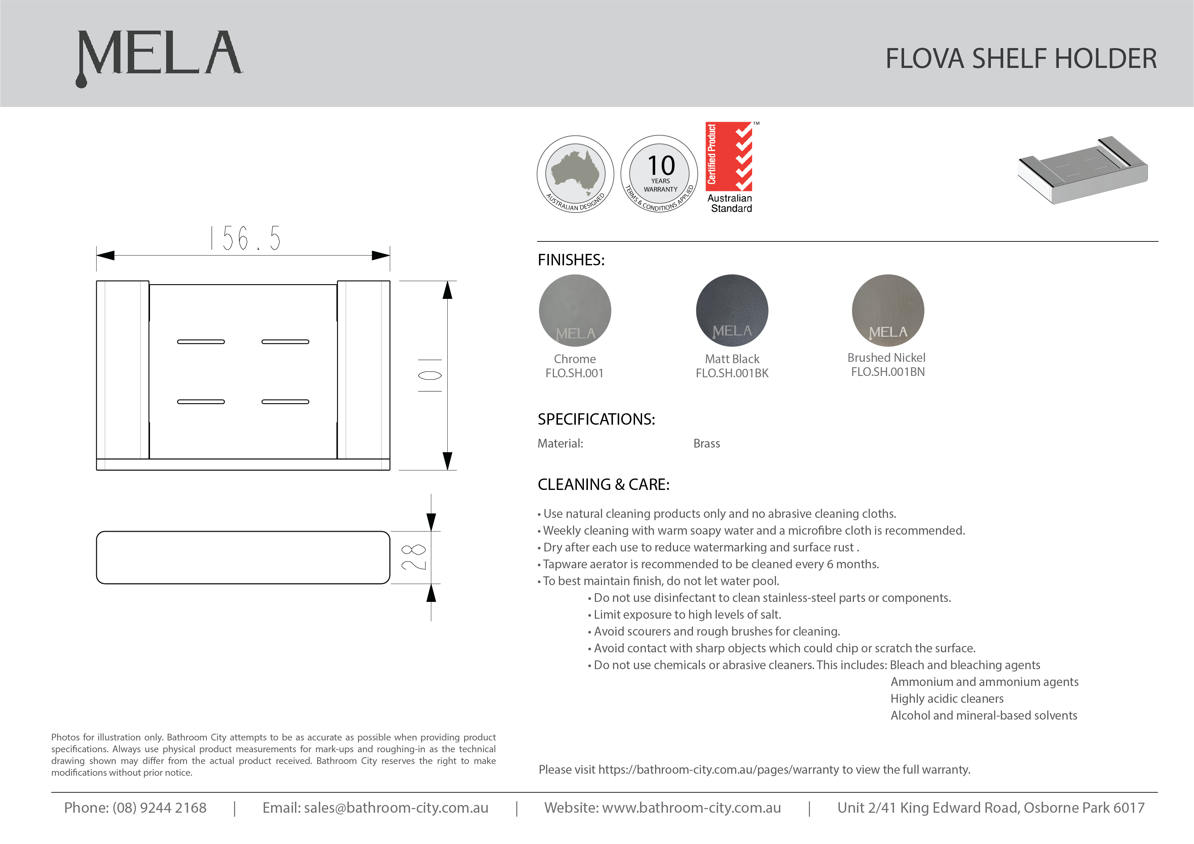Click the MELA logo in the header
159,54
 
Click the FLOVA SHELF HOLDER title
1021,58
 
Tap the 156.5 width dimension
245,239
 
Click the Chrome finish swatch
575,310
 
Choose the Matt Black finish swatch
732,310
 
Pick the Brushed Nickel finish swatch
888,310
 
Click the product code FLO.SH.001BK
732,373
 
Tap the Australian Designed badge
575,174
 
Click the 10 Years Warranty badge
660,174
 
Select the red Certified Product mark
729,156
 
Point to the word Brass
706,444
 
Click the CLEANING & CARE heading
603,485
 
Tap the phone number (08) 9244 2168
159,808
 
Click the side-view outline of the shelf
243,558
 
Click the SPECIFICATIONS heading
596,419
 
